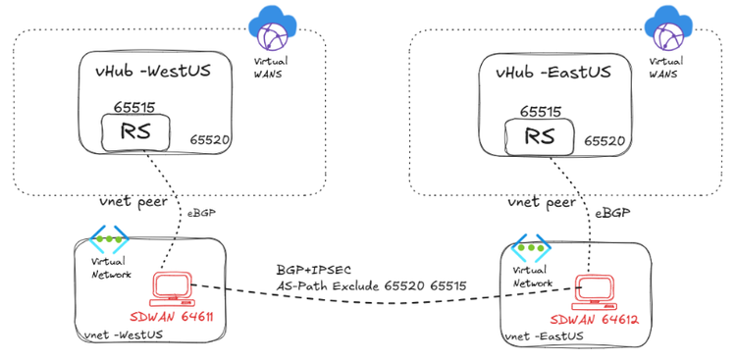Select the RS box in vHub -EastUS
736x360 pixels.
536,136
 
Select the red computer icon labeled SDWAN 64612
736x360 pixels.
595,288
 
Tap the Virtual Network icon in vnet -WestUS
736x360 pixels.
110,240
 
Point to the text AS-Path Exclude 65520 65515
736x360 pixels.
370,285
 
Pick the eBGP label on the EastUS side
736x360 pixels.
611,211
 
